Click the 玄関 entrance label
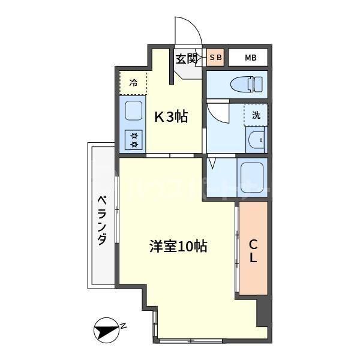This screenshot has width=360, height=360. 186,59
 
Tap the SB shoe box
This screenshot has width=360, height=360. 215,58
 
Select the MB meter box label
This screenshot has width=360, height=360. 250,58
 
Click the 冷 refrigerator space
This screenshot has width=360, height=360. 133,83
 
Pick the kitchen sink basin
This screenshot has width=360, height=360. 133,110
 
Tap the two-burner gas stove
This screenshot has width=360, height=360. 133,140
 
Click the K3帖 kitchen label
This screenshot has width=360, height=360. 171,116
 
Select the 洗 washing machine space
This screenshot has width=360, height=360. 256,115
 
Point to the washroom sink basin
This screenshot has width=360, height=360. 256,140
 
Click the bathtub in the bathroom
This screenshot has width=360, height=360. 252,178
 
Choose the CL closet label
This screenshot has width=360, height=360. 253,251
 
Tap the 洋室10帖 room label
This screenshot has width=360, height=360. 178,247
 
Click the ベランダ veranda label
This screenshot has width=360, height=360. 102,221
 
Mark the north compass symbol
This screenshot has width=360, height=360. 107,331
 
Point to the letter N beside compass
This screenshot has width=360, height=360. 123,326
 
